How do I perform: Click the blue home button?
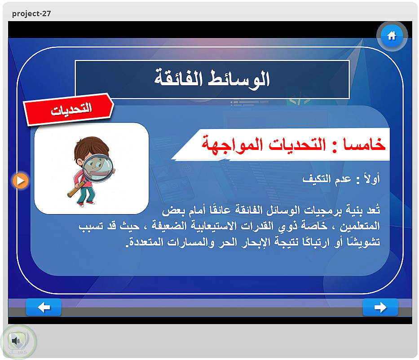pos(392,36)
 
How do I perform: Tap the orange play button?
pos(21,181)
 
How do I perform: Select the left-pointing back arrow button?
pos(44,307)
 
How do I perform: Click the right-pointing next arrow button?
pos(380,307)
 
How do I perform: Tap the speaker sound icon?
pos(17,341)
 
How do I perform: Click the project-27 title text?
pos(31,13)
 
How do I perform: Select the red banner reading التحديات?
pos(69,109)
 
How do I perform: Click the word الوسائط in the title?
pos(239,79)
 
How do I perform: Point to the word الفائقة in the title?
pos(178,78)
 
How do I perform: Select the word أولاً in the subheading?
pos(372,178)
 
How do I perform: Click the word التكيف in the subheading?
pos(317,178)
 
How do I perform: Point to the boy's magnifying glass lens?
pos(97,168)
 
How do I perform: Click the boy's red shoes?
pos(85,204)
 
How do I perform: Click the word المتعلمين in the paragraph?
pos(360,226)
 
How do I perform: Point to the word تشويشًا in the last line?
pos(363,241)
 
